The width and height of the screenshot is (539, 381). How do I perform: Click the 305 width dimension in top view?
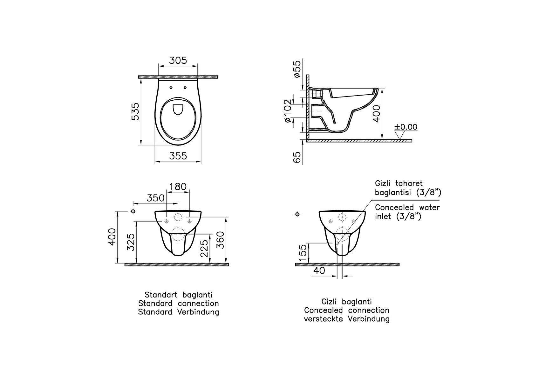tap(178, 60)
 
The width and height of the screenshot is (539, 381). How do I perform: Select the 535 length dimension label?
tap(135, 111)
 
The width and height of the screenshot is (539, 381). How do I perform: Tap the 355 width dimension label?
tap(178, 156)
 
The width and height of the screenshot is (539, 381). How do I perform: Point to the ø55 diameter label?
tap(297, 69)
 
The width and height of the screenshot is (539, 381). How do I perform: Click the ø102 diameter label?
tap(288, 111)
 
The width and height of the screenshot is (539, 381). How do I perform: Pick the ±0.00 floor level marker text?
tap(406, 127)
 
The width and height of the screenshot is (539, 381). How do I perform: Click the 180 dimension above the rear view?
tap(178, 187)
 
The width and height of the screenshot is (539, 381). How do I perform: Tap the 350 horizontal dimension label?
tap(156, 198)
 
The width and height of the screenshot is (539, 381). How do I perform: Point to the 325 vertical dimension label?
tap(131, 242)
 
